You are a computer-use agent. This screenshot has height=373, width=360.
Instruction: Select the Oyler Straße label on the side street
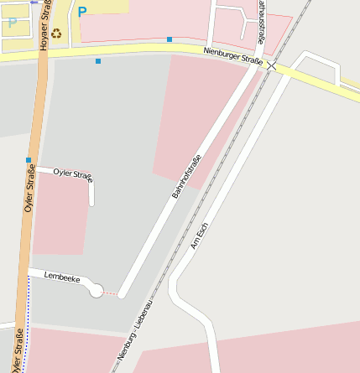(72, 174)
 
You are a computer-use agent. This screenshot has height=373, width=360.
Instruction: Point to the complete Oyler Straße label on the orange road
(29, 189)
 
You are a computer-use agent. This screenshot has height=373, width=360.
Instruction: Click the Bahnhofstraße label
(187, 177)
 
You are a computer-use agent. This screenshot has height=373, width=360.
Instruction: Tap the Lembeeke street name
(62, 276)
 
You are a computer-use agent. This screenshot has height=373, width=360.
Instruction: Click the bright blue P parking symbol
(81, 13)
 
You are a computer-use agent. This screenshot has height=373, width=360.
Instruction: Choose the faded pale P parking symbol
(12, 23)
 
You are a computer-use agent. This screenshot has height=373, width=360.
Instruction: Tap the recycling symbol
(56, 34)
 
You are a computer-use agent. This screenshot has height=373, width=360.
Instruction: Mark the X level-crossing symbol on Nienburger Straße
(271, 65)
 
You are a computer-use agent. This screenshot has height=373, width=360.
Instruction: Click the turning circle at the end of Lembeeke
(97, 291)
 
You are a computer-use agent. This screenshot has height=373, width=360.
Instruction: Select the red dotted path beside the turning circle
(111, 293)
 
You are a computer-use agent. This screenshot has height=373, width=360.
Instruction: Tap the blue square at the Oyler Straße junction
(29, 159)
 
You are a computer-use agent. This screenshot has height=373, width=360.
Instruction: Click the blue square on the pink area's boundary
(170, 39)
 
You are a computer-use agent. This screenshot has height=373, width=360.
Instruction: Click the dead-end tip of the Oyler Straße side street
(91, 203)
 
